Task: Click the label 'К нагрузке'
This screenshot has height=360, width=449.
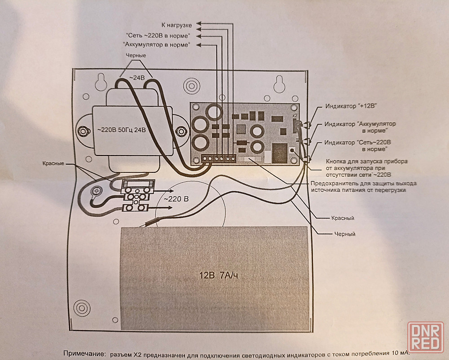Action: click(x=176, y=25)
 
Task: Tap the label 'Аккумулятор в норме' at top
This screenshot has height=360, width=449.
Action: click(x=156, y=45)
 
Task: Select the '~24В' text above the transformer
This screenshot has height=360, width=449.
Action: click(x=137, y=78)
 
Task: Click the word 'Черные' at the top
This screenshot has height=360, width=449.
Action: click(x=136, y=56)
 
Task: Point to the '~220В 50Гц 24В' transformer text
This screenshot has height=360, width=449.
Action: click(x=121, y=130)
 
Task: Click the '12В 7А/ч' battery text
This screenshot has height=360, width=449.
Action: click(x=219, y=275)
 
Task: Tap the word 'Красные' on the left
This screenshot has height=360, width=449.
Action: click(x=53, y=164)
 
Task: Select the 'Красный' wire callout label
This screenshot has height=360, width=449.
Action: click(x=343, y=218)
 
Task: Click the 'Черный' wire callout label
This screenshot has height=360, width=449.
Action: click(x=345, y=234)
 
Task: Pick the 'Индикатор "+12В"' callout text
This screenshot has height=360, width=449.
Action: click(x=351, y=106)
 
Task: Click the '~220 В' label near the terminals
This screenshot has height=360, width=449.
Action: click(x=176, y=199)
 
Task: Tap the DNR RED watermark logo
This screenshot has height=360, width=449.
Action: click(x=426, y=337)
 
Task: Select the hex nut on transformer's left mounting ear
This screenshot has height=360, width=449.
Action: click(x=83, y=132)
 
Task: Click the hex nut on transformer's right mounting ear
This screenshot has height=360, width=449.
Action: click(x=181, y=132)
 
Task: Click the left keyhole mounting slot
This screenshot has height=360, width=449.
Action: click(x=101, y=82)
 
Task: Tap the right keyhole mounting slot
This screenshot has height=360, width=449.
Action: click(x=279, y=84)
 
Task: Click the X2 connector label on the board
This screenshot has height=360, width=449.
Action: click(x=295, y=116)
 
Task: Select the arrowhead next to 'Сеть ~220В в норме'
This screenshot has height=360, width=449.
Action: click(x=198, y=36)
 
